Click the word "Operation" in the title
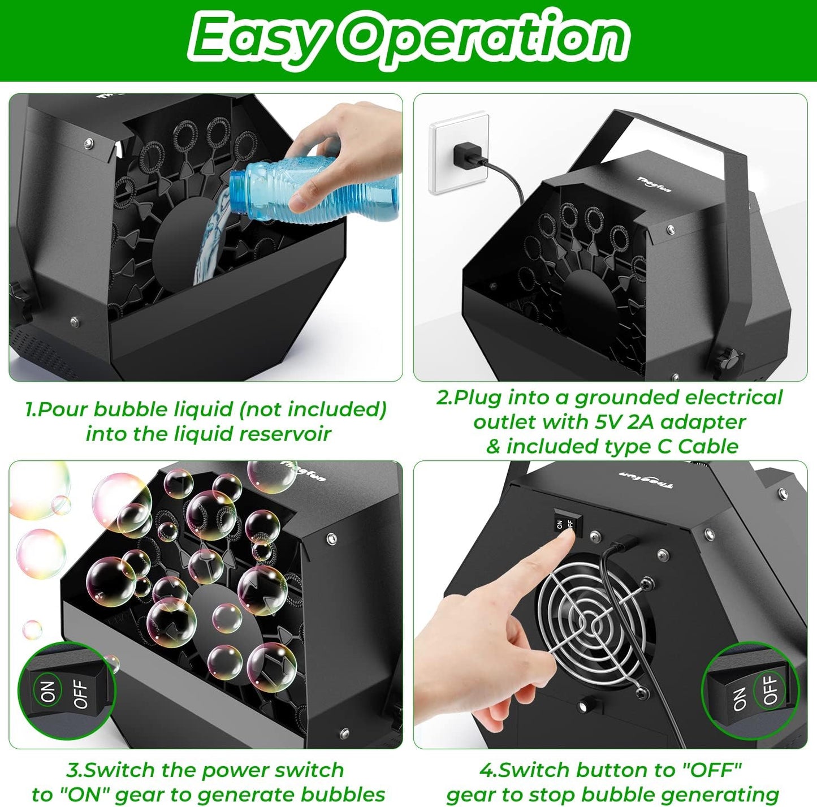tap(486, 38)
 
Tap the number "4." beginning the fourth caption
tap(489, 770)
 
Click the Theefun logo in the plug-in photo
tap(654, 184)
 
